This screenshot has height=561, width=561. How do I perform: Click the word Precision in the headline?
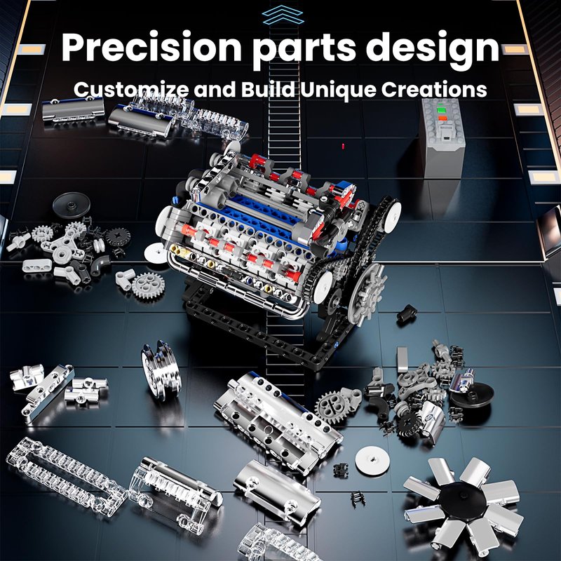pos(151,47)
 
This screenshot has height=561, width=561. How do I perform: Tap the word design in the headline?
pos(432,50)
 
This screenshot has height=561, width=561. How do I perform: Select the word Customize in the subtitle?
pos(131,89)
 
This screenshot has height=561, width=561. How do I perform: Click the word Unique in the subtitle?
pos(339,90)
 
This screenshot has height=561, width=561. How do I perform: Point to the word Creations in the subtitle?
pos(434,89)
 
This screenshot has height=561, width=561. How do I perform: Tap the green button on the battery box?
pos(442,109)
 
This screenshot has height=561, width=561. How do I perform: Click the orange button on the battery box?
pos(442,118)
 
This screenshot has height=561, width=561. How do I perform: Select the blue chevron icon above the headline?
pos(283,15)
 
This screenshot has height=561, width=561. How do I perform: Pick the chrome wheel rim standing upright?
pos(161,370)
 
